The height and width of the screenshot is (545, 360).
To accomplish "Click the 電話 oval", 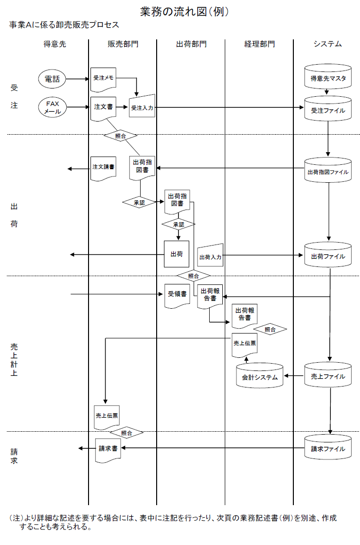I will (52, 79).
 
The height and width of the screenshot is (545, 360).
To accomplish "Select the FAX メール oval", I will (52, 107).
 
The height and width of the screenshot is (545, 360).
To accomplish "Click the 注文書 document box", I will (103, 107).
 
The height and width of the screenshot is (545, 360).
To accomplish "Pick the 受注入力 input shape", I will (142, 107).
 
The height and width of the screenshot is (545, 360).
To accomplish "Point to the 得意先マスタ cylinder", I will (328, 77).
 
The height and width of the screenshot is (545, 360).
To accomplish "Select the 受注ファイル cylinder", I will (328, 109).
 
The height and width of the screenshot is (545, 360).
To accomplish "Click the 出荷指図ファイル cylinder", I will (328, 171).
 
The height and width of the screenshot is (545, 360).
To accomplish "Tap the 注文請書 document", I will (103, 167).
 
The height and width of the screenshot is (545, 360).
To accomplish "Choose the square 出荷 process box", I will (176, 254).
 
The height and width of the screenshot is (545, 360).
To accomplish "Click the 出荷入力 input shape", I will (210, 256).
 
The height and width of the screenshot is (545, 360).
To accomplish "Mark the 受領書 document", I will (177, 295).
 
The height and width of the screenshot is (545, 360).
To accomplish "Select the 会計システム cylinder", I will (260, 376).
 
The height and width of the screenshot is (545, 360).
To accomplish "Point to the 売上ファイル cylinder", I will (328, 375).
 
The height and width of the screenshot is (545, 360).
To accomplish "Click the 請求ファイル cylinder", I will (328, 447).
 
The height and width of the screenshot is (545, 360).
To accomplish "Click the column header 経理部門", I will (259, 44).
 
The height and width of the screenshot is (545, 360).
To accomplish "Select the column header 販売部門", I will (123, 44).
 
